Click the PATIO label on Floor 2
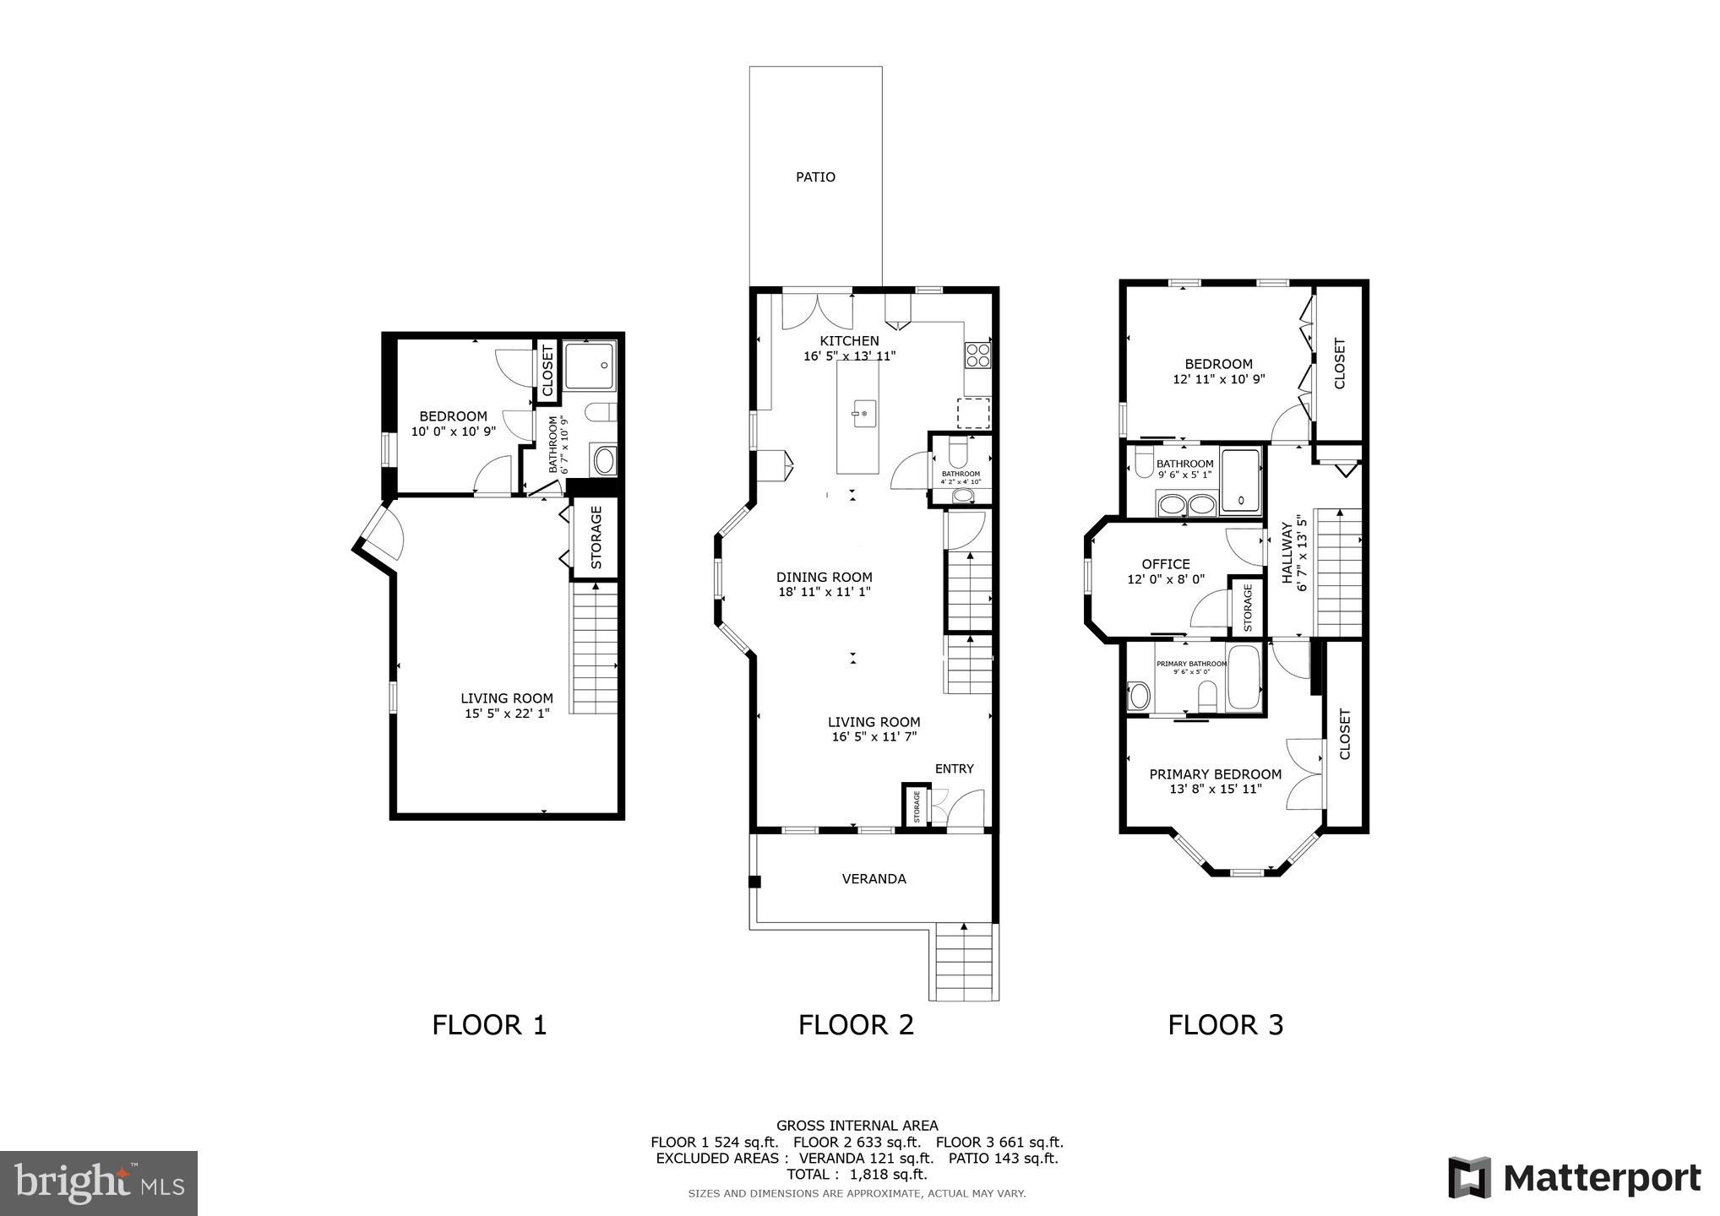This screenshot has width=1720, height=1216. click(815, 177)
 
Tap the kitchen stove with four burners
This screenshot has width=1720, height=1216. click(977, 355)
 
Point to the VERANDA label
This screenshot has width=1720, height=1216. click(874, 879)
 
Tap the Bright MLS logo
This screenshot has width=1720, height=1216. click(99, 1184)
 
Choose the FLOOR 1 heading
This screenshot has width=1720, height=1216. click(489, 1025)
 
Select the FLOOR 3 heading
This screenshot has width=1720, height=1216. click(1225, 1025)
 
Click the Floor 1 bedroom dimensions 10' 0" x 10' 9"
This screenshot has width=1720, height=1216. click(454, 432)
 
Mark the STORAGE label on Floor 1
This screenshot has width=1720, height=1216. click(596, 537)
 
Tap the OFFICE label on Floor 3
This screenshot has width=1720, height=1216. click(1166, 564)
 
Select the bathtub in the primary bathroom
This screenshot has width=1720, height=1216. click(1244, 677)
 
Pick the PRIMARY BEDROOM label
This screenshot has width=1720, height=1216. click(1215, 774)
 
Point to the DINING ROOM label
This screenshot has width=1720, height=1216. click(824, 578)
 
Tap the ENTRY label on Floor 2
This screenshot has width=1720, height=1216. click(954, 768)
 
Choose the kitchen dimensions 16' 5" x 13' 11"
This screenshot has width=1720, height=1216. click(849, 356)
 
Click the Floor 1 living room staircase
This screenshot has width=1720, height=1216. click(596, 651)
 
